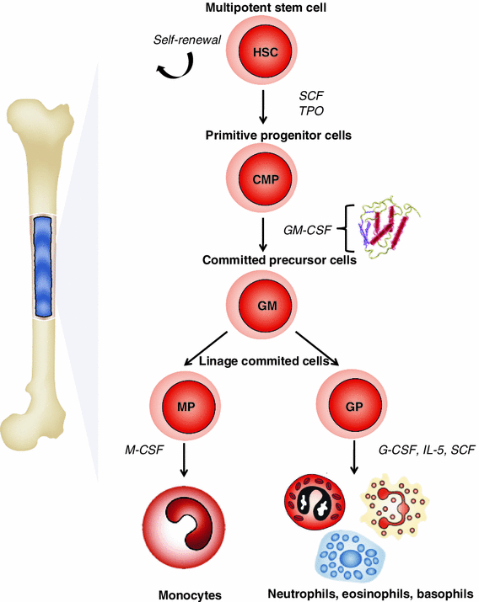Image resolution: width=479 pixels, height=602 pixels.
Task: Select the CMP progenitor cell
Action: [262, 179]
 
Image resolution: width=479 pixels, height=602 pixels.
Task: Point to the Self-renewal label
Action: [187, 40]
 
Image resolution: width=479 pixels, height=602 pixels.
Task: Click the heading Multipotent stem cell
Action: [262, 9]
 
